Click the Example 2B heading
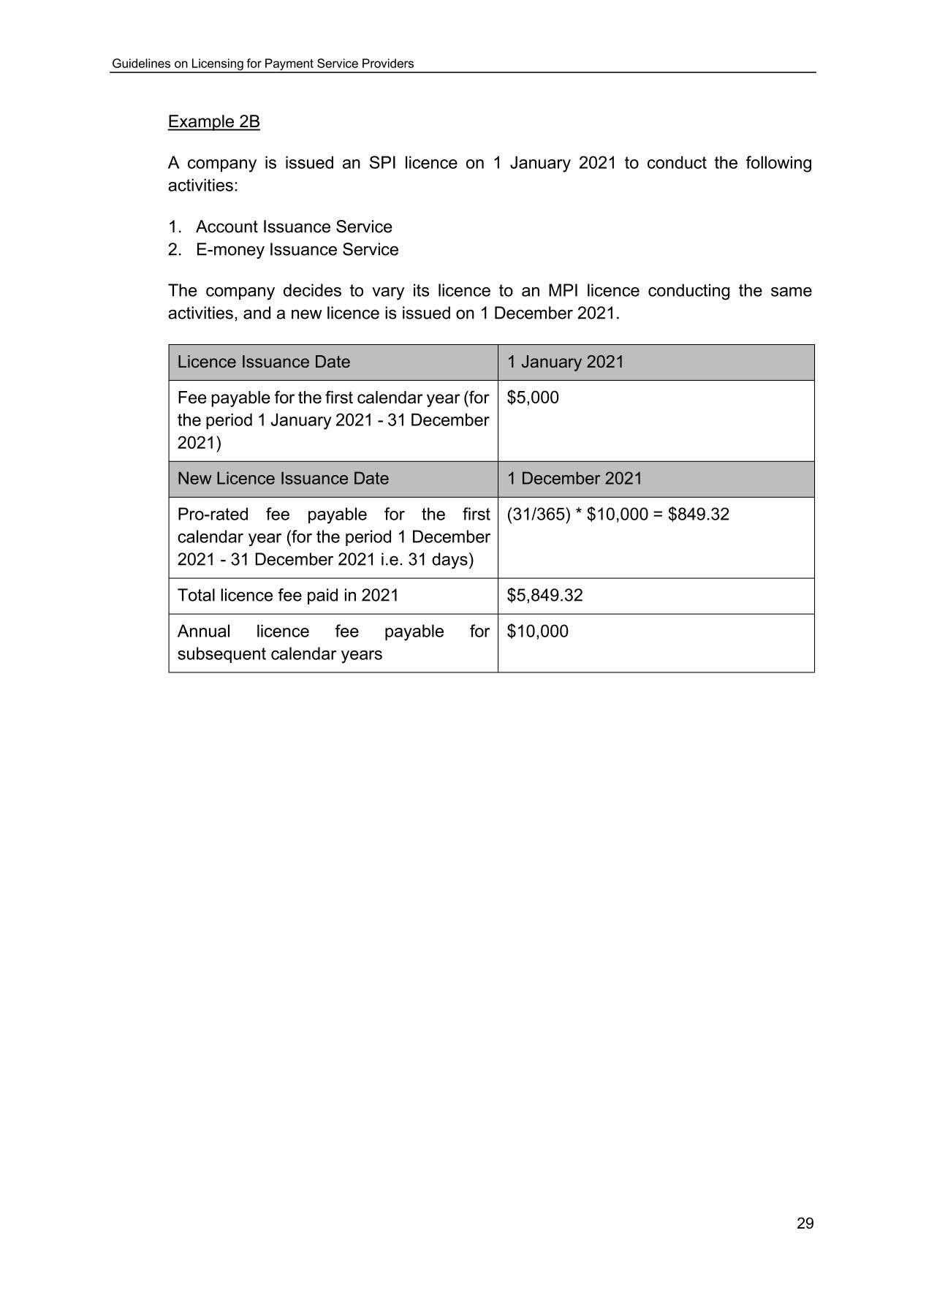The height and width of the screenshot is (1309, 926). [213, 121]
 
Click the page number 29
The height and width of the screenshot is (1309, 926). [805, 1223]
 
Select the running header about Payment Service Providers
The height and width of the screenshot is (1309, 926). [262, 64]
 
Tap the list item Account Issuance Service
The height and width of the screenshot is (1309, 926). [293, 227]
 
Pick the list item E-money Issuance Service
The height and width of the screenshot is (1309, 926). [297, 249]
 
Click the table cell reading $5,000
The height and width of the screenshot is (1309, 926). [533, 398]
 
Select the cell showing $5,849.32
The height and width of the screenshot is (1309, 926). [544, 595]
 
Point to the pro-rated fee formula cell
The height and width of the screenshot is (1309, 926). [618, 515]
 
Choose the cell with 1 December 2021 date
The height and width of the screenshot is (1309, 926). [574, 479]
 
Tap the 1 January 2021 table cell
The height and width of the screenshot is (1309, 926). [566, 362]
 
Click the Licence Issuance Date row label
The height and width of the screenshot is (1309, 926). [264, 362]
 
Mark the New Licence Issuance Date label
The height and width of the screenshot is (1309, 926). [283, 479]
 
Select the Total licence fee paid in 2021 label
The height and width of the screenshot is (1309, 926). [288, 595]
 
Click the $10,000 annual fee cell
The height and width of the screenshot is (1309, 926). [537, 631]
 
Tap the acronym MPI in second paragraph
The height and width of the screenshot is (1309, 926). [563, 291]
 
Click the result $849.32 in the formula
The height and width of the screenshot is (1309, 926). [698, 515]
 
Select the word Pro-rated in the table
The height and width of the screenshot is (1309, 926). [213, 515]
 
